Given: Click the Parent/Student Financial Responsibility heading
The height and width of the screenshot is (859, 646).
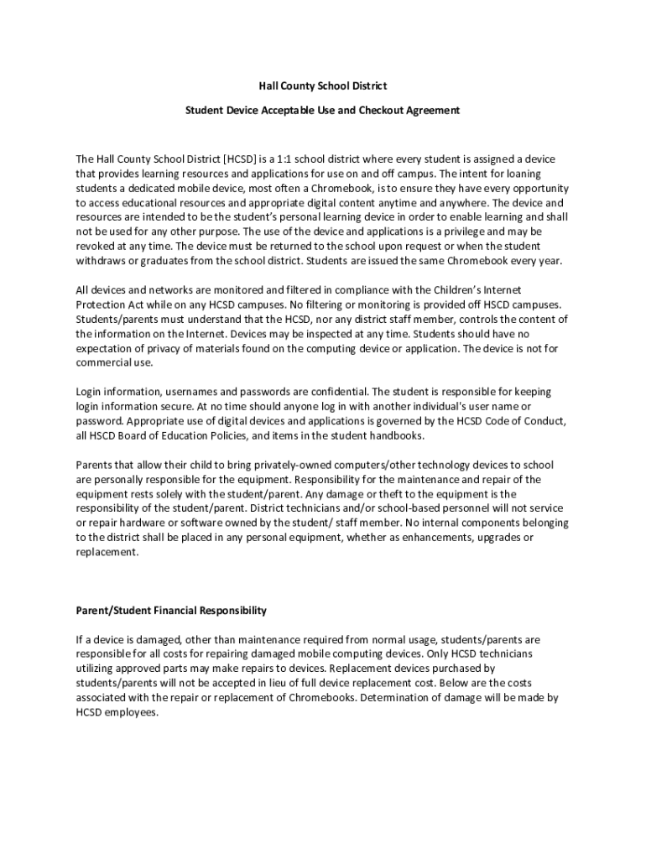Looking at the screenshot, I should [171, 610].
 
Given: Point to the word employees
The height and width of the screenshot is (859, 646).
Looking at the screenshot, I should [132, 711].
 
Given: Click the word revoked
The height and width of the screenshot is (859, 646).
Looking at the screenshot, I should [96, 246].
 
